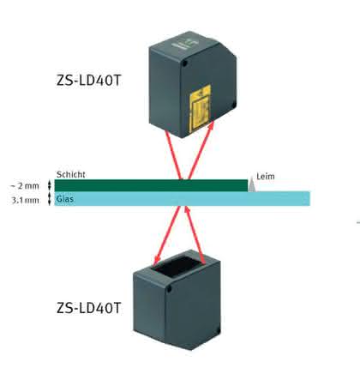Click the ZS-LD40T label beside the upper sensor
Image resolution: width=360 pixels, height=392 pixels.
tap(89, 81)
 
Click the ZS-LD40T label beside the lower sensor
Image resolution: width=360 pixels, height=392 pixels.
tap(89, 308)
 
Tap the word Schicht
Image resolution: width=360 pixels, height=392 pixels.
tap(71, 174)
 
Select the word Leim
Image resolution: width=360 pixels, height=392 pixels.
tap(266, 177)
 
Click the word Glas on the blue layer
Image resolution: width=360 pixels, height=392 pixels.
tap(65, 199)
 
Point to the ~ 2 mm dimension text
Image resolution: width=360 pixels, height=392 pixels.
tap(25, 186)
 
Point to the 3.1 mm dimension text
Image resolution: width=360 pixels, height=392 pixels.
tap(25, 200)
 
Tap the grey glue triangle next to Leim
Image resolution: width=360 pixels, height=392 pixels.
tap(251, 185)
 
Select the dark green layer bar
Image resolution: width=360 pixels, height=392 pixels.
tap(151, 185)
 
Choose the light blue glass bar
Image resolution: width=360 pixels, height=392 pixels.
tap(183, 198)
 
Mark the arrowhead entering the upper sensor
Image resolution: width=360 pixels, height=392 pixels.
tap(212, 124)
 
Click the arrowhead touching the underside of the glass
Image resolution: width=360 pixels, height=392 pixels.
tap(187, 210)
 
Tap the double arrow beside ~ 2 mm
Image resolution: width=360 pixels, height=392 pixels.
tap(49, 185)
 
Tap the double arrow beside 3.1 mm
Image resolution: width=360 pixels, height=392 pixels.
tap(49, 199)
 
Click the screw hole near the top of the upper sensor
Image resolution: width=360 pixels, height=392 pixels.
tap(185, 63)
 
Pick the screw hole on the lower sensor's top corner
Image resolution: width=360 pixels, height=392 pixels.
tap(169, 289)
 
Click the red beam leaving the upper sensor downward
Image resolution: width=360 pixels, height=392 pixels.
tap(173, 154)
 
